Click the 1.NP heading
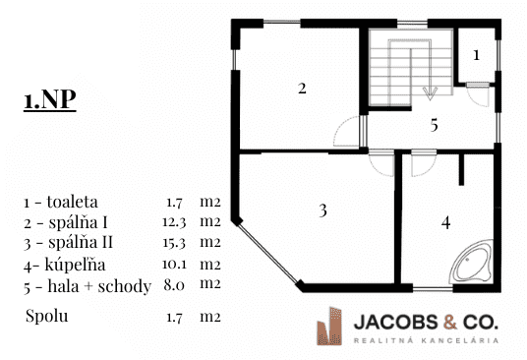[x=50, y=102]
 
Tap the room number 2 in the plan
[x=303, y=89]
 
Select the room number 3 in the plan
[x=322, y=210]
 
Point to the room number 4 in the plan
[x=445, y=222]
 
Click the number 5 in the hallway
[x=433, y=125]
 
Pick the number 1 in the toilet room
[x=477, y=55]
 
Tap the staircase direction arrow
[x=430, y=93]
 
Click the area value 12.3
[x=171, y=220]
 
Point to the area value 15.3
[x=171, y=242]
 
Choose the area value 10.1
[x=171, y=264]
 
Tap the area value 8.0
[x=171, y=285]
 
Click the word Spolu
[x=46, y=317]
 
